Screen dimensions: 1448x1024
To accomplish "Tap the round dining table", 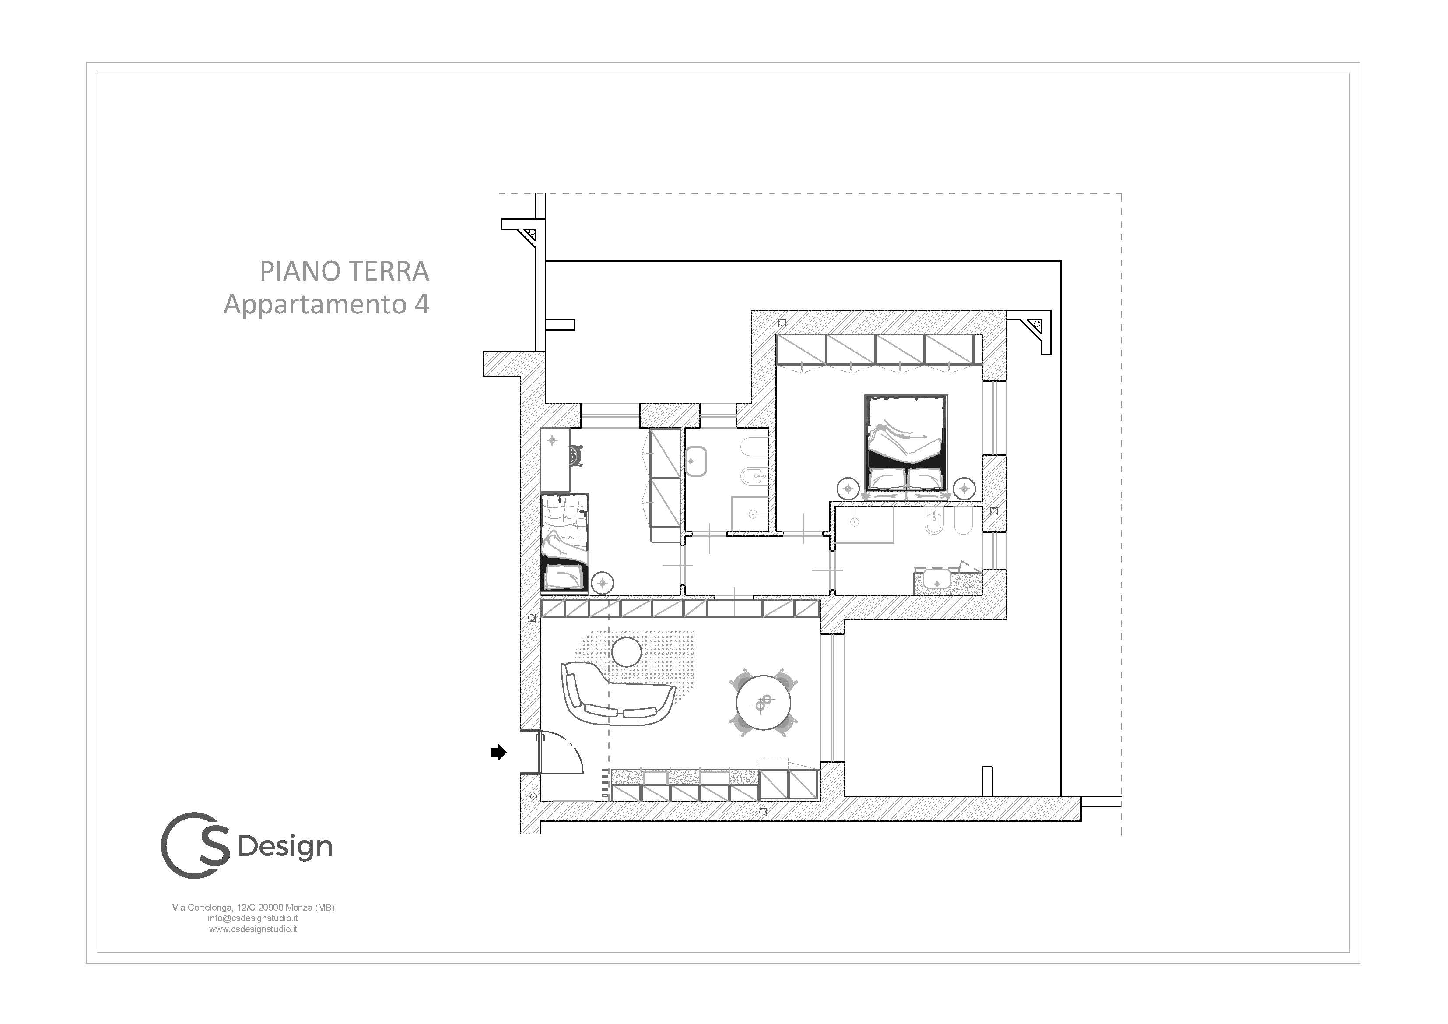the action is pyautogui.click(x=764, y=703).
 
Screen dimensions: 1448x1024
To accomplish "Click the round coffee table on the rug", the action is pyautogui.click(x=627, y=652).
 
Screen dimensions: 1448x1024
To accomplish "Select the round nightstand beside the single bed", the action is pyautogui.click(x=602, y=582).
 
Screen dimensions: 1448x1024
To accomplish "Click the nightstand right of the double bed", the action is pyautogui.click(x=964, y=488).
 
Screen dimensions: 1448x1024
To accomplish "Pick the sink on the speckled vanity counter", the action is pyautogui.click(x=936, y=579).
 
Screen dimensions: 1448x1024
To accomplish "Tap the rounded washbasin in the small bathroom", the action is pyautogui.click(x=695, y=461).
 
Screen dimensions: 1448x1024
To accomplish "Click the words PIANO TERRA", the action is pyautogui.click(x=344, y=271).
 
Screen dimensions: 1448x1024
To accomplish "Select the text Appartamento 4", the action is pyautogui.click(x=327, y=304).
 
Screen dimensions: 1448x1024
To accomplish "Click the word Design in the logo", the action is pyautogui.click(x=285, y=847).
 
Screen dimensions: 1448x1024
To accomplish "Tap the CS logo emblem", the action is pyautogui.click(x=196, y=845).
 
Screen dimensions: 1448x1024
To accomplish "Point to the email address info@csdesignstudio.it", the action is pyautogui.click(x=253, y=918).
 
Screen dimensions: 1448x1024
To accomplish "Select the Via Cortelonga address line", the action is pyautogui.click(x=253, y=907).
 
